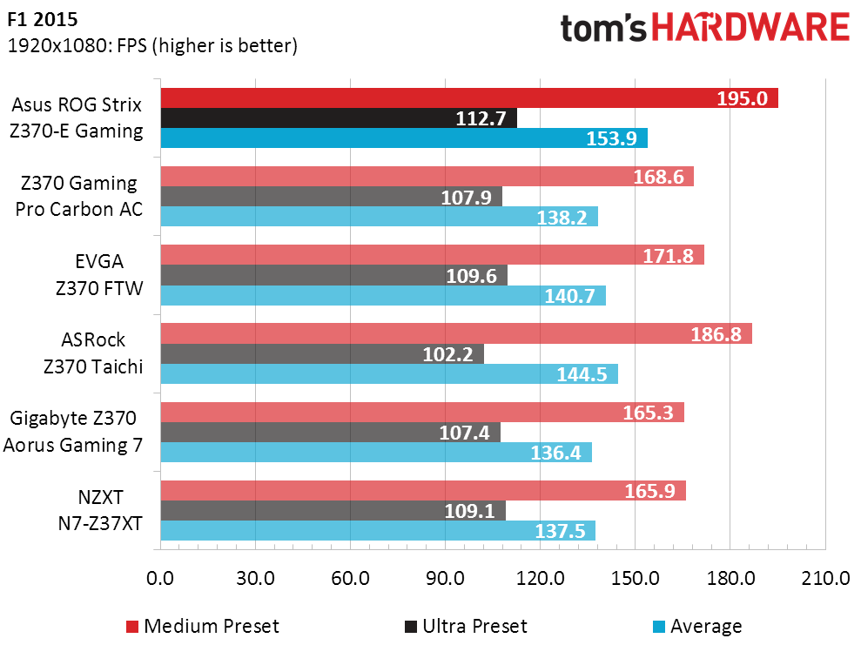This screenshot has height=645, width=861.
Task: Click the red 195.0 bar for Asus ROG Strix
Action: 469,98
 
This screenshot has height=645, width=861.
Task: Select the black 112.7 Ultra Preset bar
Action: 339,118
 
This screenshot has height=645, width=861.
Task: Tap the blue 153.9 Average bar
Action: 404,138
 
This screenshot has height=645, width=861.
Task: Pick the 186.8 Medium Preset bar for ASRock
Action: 456,333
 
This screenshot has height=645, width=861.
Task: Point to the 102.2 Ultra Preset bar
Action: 322,354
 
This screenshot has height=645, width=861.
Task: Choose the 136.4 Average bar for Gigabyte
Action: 376,453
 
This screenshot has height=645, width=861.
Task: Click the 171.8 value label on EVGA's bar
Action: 669,256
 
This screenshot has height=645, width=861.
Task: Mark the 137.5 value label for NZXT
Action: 560,531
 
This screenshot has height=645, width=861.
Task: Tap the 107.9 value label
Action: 466,197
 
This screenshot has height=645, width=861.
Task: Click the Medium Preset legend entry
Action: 203,626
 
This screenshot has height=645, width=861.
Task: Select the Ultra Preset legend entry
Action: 466,626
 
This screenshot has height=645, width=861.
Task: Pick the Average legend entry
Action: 697,626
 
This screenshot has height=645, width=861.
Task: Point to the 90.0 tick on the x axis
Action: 446,578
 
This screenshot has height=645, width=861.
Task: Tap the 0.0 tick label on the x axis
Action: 160,578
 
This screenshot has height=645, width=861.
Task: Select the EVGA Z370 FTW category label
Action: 99,274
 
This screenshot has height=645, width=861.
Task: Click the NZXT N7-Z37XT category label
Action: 100,510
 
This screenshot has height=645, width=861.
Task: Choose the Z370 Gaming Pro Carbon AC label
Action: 79,196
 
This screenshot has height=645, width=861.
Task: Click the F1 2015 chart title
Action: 43,19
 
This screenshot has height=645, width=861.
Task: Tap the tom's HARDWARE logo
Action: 705,28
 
